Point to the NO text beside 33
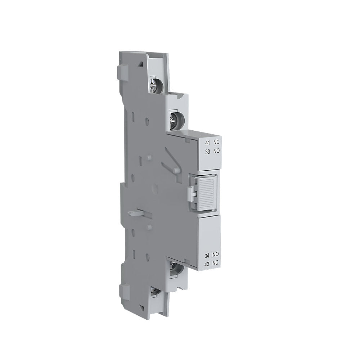tap(216, 151)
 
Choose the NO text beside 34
tap(216, 255)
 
